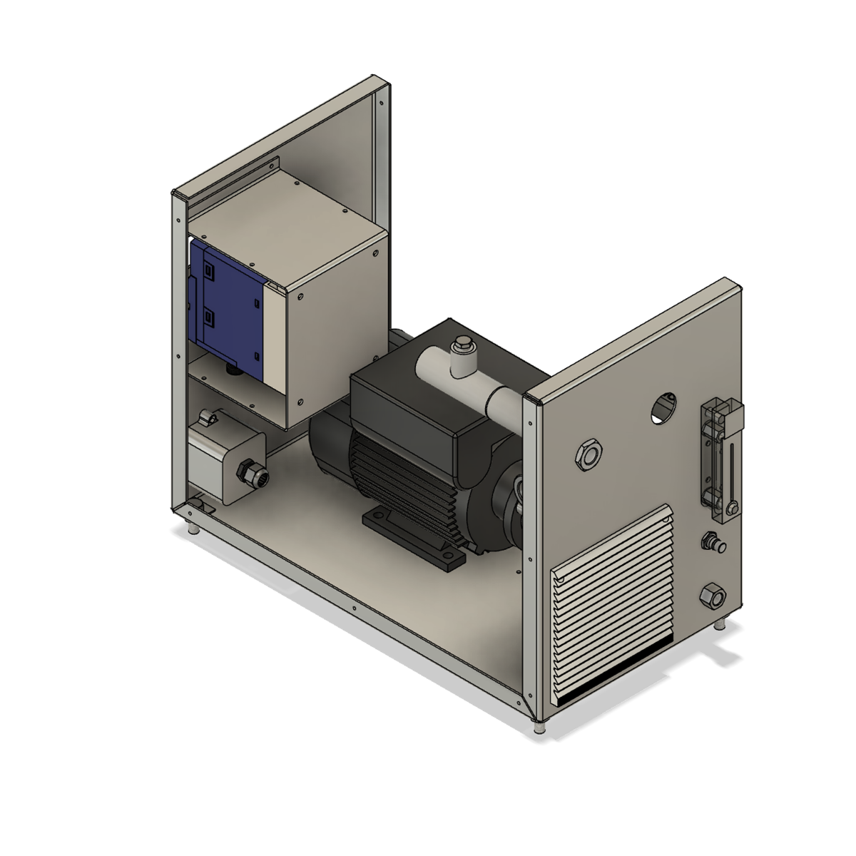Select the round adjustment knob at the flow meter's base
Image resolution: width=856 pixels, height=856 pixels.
732,508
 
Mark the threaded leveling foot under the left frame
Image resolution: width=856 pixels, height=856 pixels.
193,531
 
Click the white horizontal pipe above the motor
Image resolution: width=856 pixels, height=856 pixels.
471,378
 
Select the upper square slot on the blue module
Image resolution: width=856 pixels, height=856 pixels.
209,271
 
